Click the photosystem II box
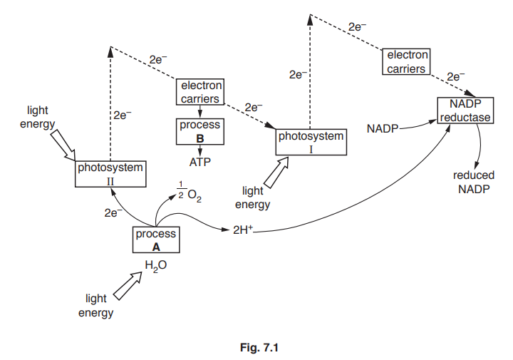point(110,173)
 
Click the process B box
point(199,130)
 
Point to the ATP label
point(199,161)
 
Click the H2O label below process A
point(156,266)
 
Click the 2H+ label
point(244,230)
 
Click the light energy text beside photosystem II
point(38,118)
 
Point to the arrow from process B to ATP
point(199,150)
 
